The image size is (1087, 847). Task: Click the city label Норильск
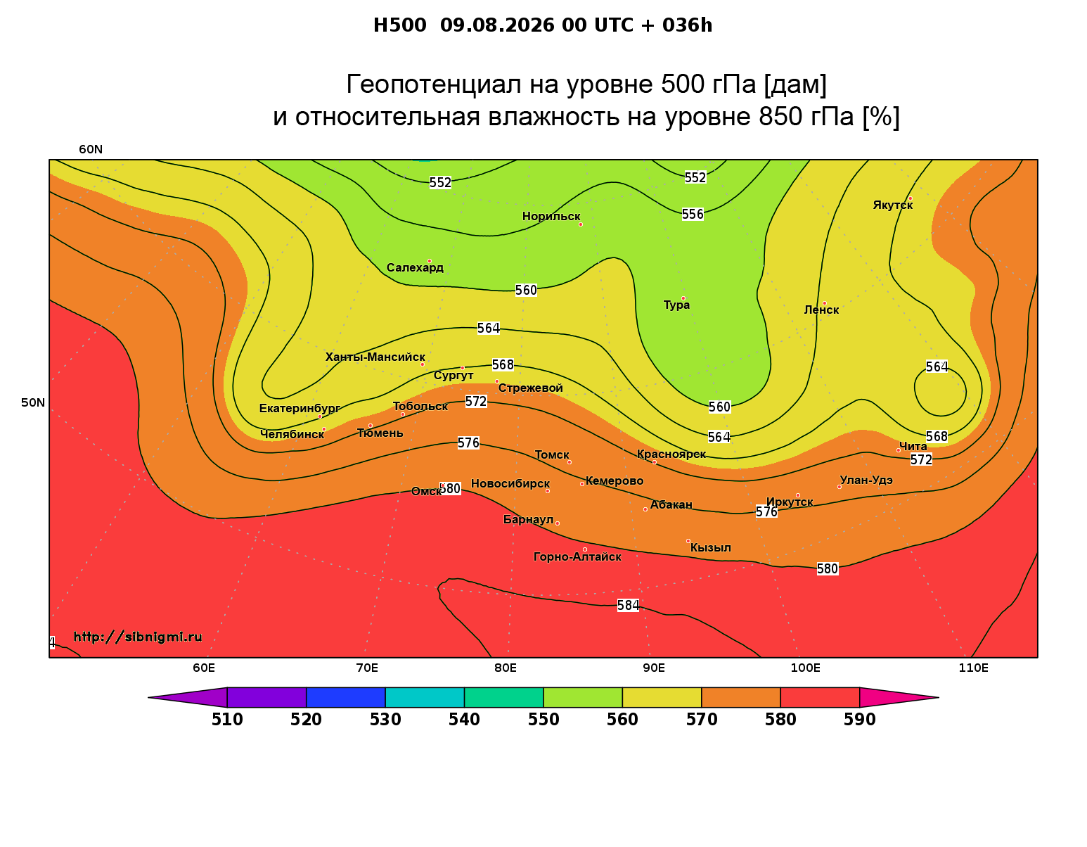coord(551,216)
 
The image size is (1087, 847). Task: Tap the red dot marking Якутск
coord(910,198)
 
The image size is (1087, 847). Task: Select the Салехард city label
coord(415,267)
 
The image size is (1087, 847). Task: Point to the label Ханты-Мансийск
coord(375,357)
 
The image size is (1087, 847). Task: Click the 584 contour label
coord(628,606)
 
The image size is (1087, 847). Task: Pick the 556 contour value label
coord(693,214)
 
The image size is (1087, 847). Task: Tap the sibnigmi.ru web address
coord(138,637)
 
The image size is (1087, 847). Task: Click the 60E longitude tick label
coord(204,668)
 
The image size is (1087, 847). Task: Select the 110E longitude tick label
coord(973,668)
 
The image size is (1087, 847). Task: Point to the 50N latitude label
coord(33,402)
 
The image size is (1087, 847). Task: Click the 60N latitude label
coord(91,150)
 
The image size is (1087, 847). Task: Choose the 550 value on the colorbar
coord(543,720)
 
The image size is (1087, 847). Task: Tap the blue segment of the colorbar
coord(346,697)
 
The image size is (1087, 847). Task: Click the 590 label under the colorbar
coord(859,720)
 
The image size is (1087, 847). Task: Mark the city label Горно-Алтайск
coord(577,557)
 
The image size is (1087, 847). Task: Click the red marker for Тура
coord(683,298)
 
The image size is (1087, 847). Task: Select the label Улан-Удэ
coord(866,480)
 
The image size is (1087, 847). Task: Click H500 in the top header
coord(399,25)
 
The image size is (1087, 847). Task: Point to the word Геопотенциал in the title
coord(434,84)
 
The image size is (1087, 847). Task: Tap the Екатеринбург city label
coord(300,408)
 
